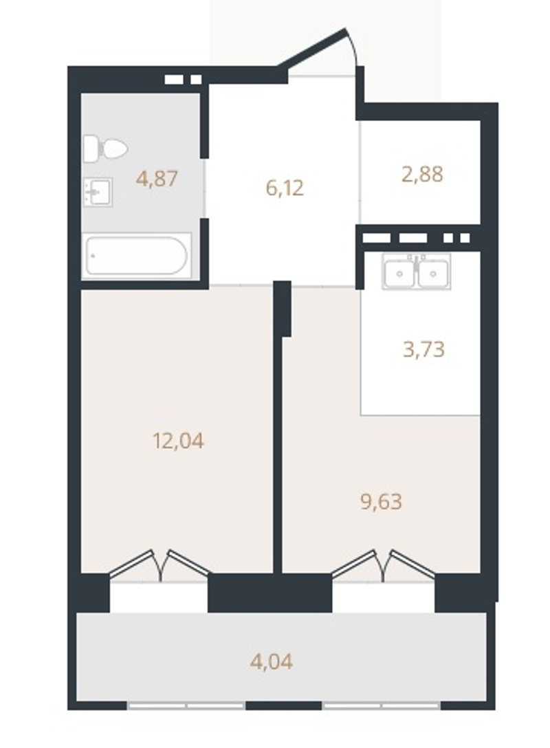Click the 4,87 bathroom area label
(157, 179)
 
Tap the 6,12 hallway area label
(285, 188)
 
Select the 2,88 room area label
(422, 174)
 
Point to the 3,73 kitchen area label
(423, 349)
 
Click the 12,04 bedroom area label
(178, 441)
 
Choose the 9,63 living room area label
(381, 502)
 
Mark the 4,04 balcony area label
(272, 661)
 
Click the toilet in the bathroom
(105, 148)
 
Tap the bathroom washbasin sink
(98, 192)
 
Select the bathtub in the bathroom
(136, 255)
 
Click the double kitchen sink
(416, 272)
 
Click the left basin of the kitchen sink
(399, 274)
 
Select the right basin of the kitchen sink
(433, 274)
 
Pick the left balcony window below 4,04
(186, 705)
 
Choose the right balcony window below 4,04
(381, 705)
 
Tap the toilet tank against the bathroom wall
(91, 148)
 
